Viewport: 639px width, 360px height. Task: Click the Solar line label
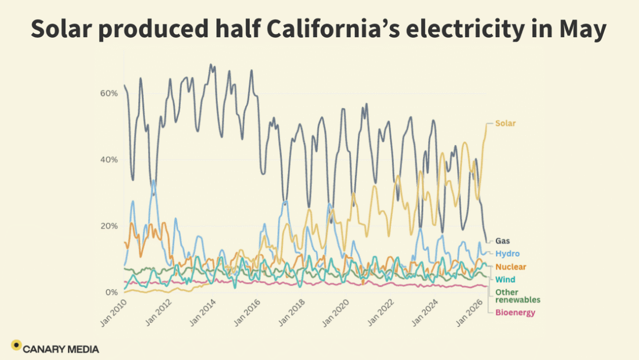coord(505,124)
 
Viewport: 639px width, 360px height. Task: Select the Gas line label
coord(502,241)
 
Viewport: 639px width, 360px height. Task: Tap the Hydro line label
coord(507,254)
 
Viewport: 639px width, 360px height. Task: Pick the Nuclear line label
coord(511,267)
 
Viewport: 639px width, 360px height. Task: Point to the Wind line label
coord(505,279)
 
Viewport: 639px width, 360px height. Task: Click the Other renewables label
coord(518,296)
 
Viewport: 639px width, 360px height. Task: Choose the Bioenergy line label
coord(515,313)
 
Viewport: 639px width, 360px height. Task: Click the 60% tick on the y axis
coord(109,93)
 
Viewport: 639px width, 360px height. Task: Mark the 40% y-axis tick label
coord(109,160)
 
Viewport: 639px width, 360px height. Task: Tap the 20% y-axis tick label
coord(109,226)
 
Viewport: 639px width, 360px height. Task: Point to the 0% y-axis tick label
coord(112,293)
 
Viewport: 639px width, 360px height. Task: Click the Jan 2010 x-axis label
coord(114,313)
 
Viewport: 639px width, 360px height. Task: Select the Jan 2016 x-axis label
coord(247,313)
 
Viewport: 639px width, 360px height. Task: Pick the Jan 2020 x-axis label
coord(336,313)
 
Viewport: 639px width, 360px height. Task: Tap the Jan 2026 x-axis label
coord(469,313)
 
